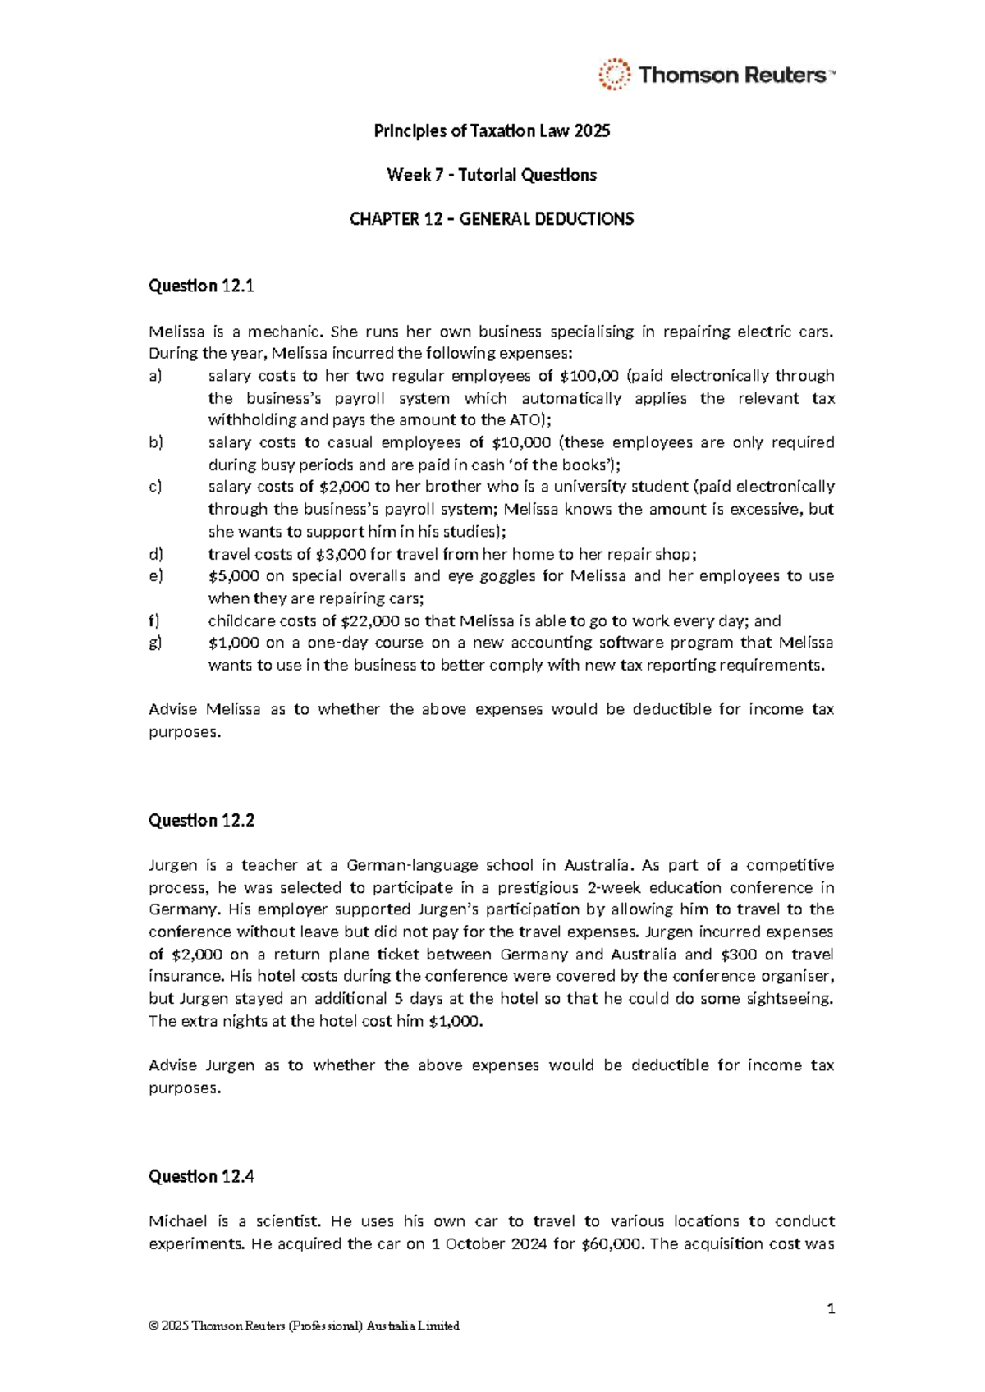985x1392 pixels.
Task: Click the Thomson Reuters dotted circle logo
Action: pos(614,75)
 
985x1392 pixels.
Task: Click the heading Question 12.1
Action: pos(201,286)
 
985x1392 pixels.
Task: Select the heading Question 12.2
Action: pos(201,820)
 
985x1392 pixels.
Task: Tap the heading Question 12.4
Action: pos(201,1176)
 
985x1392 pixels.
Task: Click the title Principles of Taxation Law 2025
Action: pos(492,130)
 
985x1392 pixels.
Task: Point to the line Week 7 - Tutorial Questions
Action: pos(492,175)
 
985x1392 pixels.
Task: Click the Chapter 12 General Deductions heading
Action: pos(492,219)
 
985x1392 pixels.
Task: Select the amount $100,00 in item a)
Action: pos(589,376)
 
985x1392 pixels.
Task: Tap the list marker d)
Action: pos(156,554)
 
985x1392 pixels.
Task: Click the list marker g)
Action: pos(156,643)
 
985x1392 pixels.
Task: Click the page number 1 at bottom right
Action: pos(831,1308)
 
